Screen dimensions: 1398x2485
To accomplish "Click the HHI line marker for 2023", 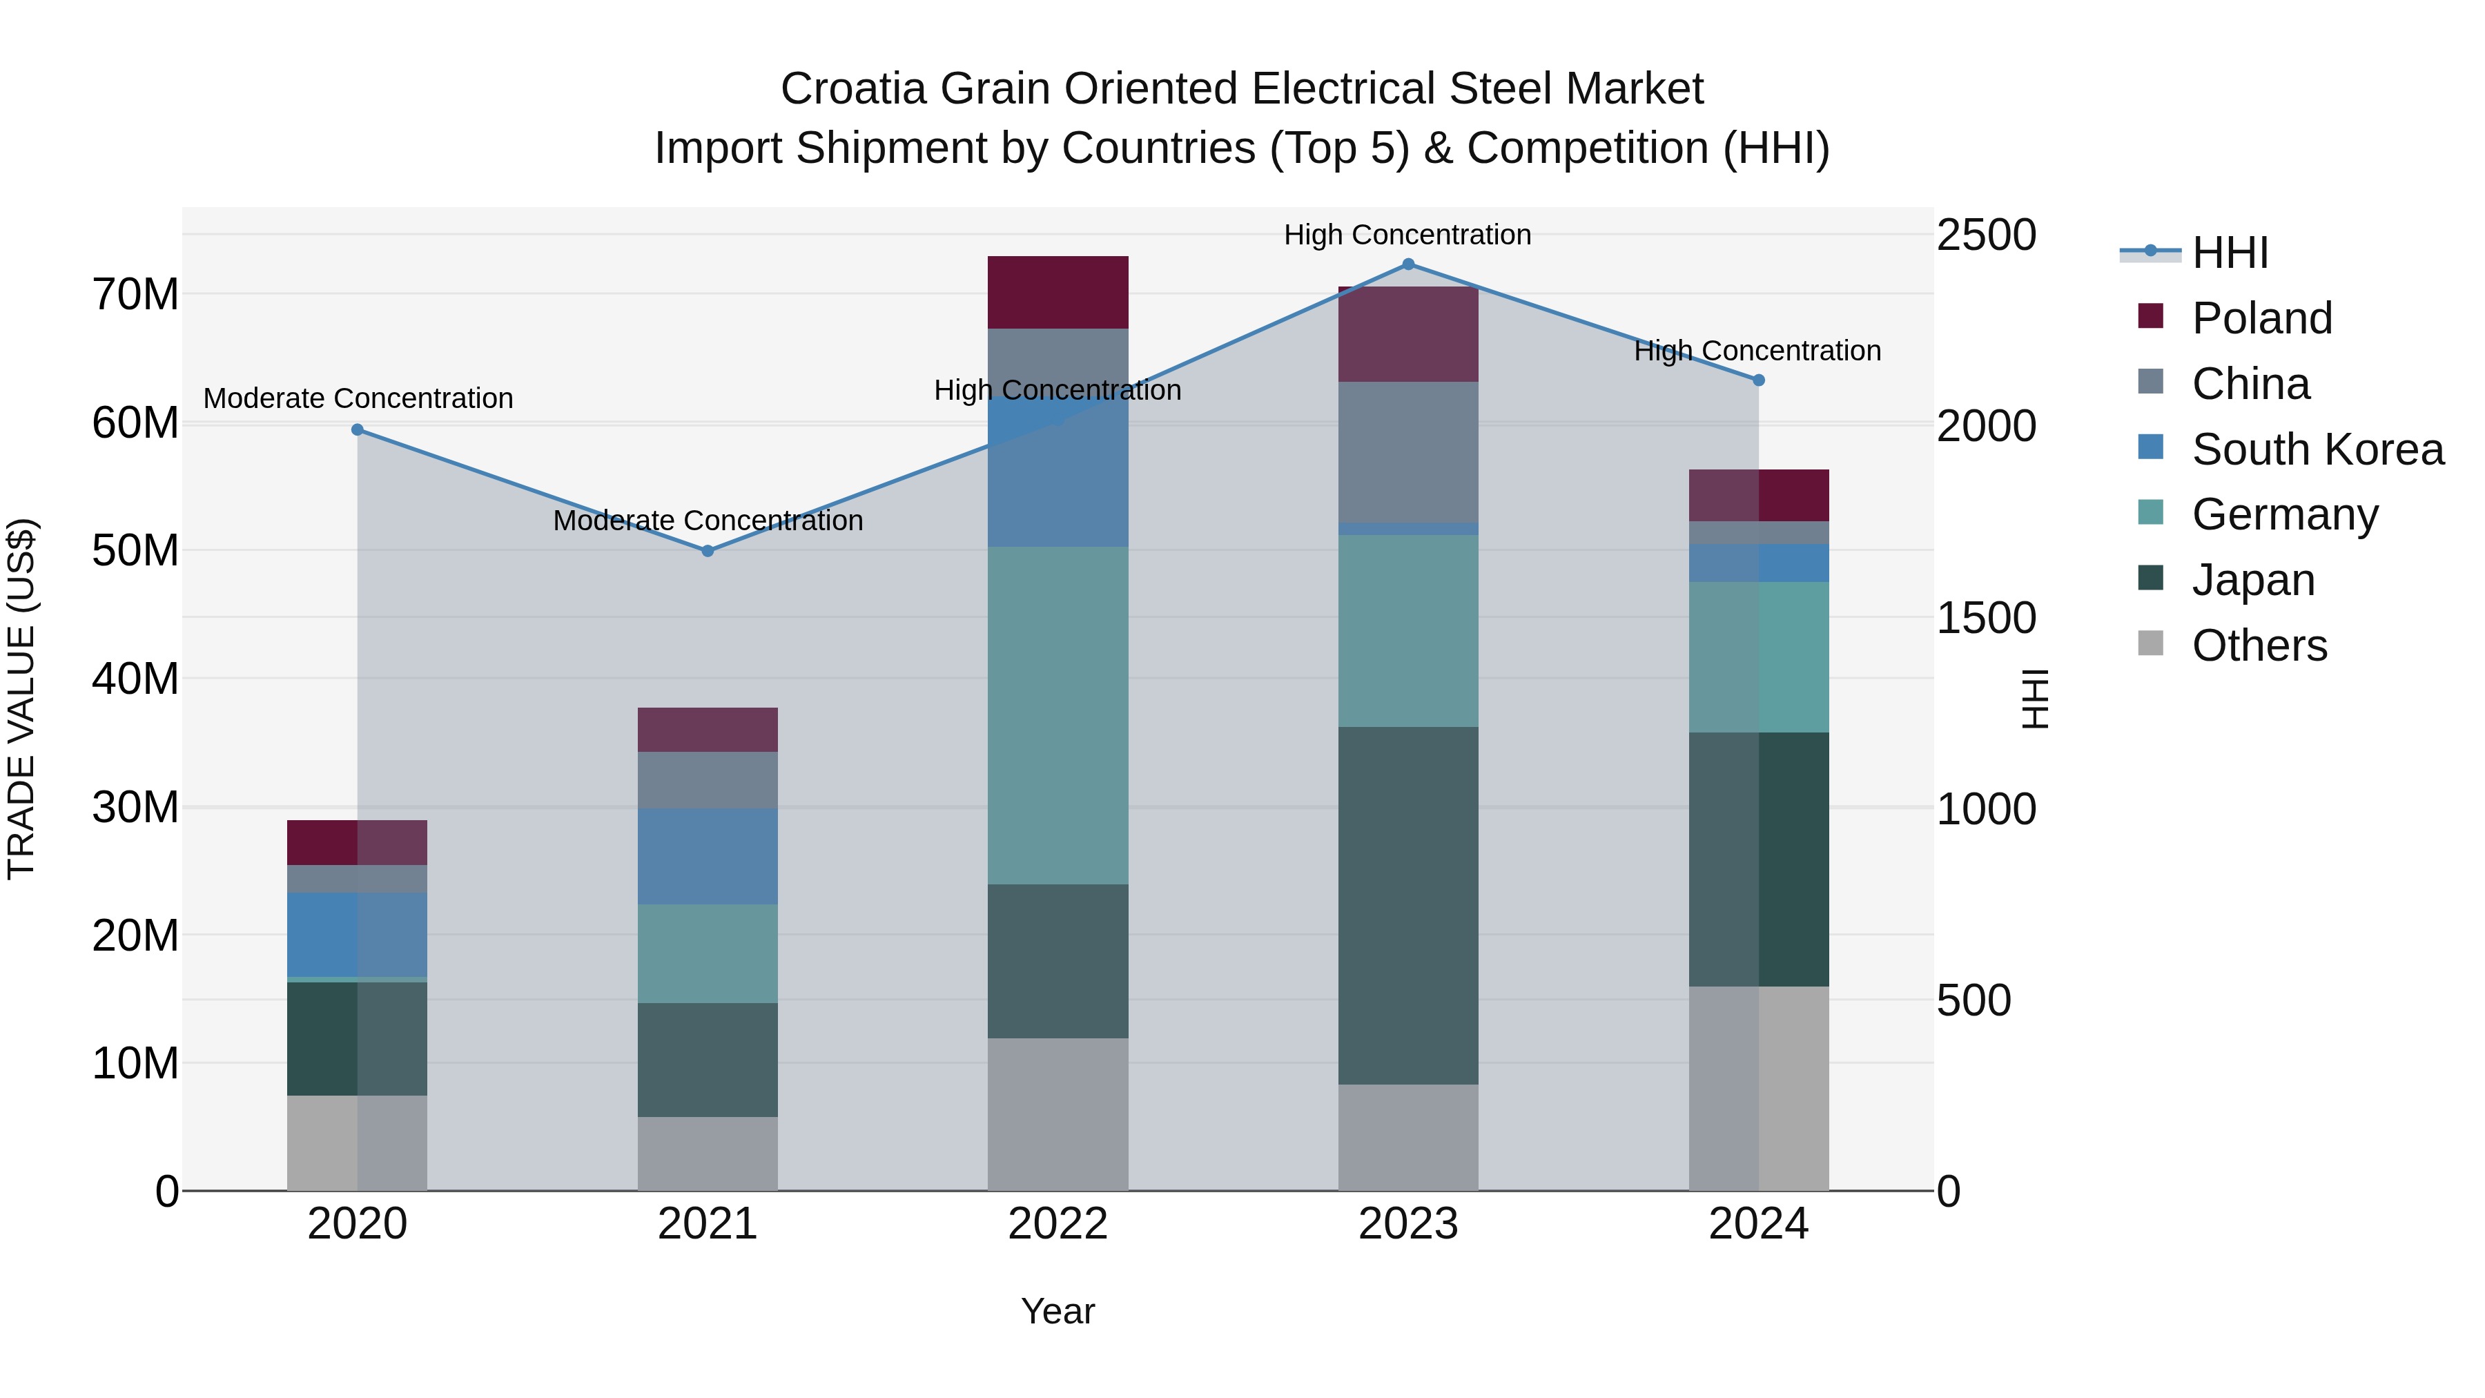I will (x=1407, y=264).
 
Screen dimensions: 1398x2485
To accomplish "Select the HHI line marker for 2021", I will (x=707, y=551).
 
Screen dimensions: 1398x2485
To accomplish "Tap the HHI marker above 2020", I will (x=357, y=429).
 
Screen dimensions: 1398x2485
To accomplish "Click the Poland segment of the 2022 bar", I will (x=1058, y=292).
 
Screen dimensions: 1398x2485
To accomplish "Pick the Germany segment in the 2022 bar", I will (x=1058, y=715).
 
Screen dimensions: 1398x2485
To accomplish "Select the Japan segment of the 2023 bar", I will (x=1407, y=905).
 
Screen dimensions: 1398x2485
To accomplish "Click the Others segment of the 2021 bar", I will (x=707, y=1153).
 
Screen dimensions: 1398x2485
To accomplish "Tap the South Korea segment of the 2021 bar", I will (x=707, y=856).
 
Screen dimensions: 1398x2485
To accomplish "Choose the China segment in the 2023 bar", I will (x=1407, y=452).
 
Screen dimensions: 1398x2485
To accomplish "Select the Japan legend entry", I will (x=2252, y=580).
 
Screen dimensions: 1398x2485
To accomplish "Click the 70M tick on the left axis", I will (x=135, y=294).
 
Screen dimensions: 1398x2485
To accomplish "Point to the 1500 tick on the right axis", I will (x=1986, y=617).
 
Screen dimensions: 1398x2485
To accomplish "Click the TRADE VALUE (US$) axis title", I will (x=21, y=699).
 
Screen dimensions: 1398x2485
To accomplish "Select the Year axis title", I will (x=1058, y=1311).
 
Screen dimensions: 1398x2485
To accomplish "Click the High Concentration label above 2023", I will (x=1407, y=235).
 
